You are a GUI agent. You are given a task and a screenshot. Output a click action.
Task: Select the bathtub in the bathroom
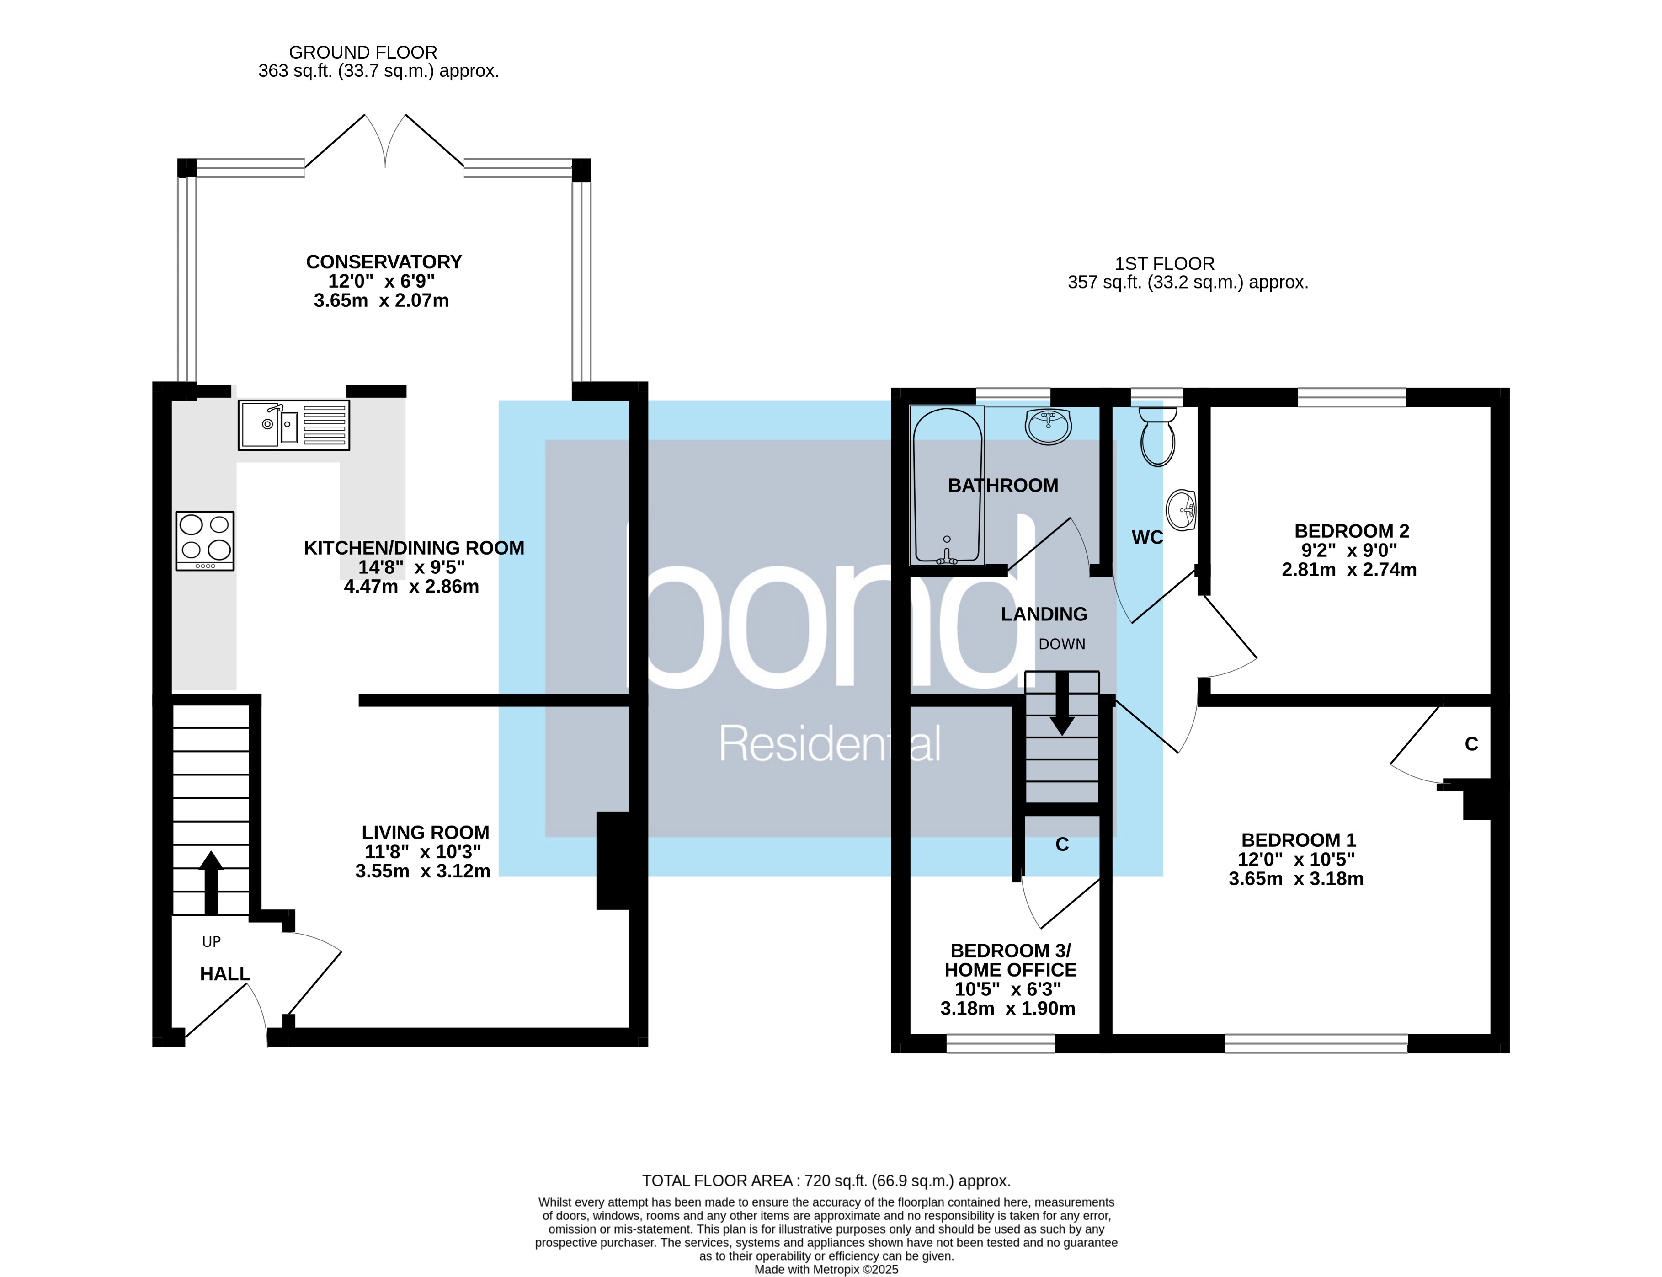pos(947,486)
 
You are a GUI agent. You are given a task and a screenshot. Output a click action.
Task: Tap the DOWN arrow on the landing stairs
pos(1062,703)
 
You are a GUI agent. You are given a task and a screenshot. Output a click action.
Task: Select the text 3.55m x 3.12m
pos(422,871)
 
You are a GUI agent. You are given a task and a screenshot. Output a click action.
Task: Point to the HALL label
pos(225,974)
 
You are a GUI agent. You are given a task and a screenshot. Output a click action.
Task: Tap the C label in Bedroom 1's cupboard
pos(1471,744)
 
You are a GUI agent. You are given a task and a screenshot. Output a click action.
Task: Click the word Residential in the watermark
pos(829,744)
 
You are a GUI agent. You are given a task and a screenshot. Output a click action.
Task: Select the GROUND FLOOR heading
pos(363,53)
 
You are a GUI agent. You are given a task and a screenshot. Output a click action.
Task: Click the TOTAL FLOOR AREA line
pos(826,1181)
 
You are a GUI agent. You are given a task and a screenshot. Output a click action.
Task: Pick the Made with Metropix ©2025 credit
pos(826,1269)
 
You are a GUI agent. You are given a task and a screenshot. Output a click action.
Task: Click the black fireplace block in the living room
pos(613,860)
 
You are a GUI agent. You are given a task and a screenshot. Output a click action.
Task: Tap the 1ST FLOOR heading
pos(1164,264)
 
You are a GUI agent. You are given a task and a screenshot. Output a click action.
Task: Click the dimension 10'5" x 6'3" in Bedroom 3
pos(1008,989)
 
